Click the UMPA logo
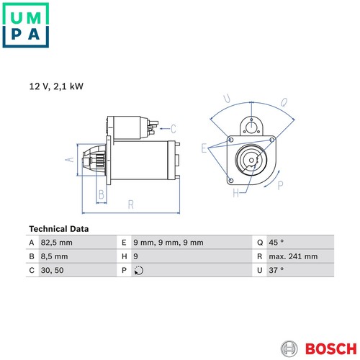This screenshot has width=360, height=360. coord(26,25)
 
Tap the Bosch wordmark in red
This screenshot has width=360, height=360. coord(331,348)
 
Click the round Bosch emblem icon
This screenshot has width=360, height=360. coord(289,348)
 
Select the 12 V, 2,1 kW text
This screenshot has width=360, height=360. coord(56,86)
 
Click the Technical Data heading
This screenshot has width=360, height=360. coord(59,229)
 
